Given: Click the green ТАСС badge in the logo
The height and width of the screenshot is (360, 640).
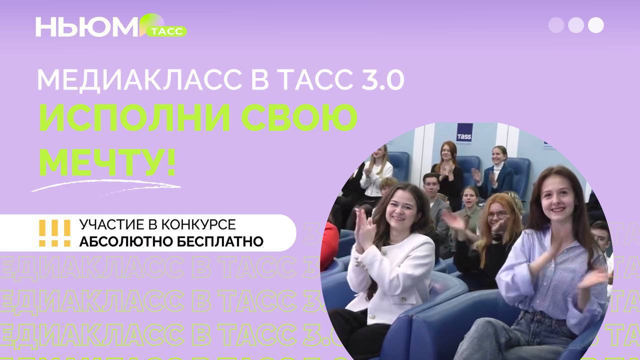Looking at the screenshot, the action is [166, 31].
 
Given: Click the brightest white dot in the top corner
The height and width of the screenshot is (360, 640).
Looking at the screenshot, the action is [595, 25].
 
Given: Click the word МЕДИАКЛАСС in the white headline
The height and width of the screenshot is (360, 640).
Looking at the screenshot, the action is [139, 80].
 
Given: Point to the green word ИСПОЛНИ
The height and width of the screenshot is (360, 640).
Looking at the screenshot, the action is [134, 118].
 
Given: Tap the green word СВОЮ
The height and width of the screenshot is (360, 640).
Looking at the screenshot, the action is [299, 118].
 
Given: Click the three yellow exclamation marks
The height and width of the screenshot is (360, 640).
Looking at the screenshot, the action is [55, 233].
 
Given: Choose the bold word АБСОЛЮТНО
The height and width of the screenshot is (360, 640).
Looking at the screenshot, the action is [126, 241].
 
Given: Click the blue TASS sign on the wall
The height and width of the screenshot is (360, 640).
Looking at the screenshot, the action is [464, 132].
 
